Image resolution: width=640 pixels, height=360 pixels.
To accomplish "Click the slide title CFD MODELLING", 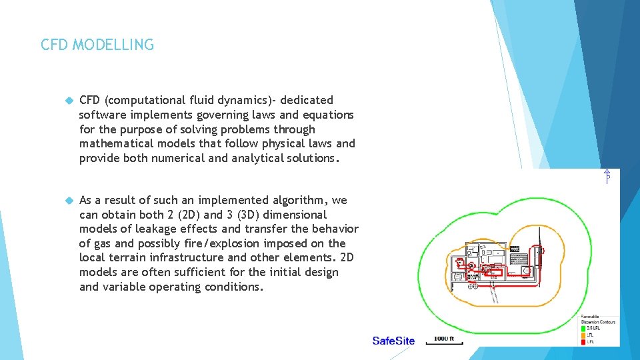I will pos(97,45).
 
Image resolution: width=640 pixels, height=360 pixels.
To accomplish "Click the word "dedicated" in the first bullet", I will pos(307,100).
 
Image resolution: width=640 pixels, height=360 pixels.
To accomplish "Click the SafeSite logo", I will pos(393,341).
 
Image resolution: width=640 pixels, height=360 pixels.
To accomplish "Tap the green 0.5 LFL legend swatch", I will pos(583,329).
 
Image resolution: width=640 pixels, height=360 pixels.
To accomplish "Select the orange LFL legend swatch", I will pos(583,335).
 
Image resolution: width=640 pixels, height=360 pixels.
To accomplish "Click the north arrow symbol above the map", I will pos(607,177).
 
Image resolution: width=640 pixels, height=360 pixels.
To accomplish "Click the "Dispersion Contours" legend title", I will pos(599,322).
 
